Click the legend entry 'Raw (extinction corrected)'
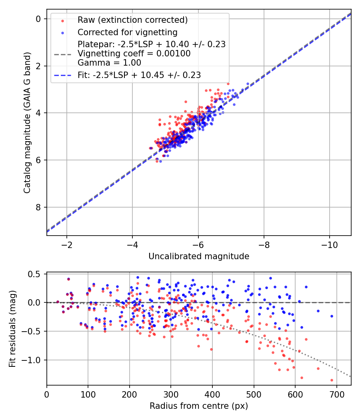pyautogui.click(x=132, y=20)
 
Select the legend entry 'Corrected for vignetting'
pyautogui.click(x=128, y=32)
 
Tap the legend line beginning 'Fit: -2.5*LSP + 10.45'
pyautogui.click(x=139, y=75)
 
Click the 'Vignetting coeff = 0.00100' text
pyautogui.click(x=134, y=53)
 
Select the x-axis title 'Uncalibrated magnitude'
pyautogui.click(x=199, y=256)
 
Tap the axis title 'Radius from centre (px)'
pyautogui.click(x=199, y=406)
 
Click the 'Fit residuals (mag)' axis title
pyautogui.click(x=12, y=329)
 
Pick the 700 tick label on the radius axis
pyautogui.click(x=336, y=394)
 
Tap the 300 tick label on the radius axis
pyautogui.click(x=171, y=394)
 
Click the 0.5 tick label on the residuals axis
pyautogui.click(x=36, y=274)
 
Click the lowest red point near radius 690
pyautogui.click(x=332, y=380)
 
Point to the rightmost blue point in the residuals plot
pyautogui.click(x=332, y=316)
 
